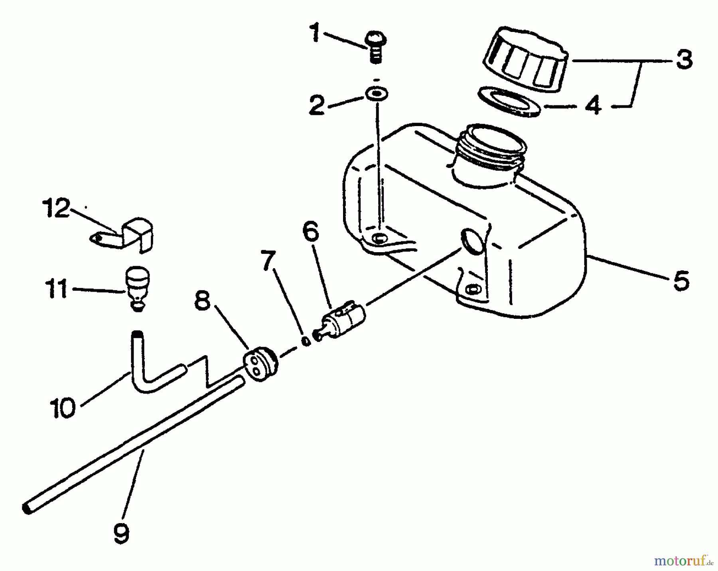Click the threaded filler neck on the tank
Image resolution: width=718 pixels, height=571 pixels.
[490, 148]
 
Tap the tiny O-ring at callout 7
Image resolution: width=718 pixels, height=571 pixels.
[306, 341]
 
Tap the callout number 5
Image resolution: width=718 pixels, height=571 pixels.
[681, 281]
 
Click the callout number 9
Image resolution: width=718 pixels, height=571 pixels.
[121, 533]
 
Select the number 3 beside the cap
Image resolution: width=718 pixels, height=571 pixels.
[684, 60]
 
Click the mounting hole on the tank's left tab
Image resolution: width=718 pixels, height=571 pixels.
[379, 239]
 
